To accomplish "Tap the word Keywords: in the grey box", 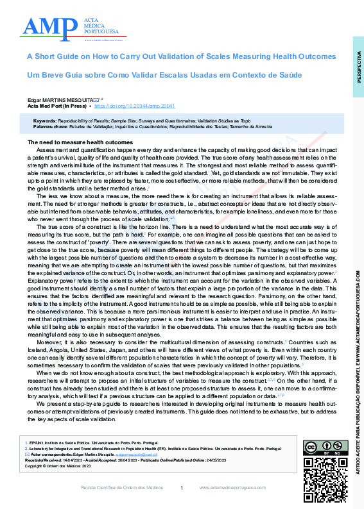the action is coord(44,121).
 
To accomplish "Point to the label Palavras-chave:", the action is coord(50,126).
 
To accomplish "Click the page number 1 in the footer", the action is coord(182,488).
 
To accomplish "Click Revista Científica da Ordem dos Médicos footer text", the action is coord(121,488).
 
